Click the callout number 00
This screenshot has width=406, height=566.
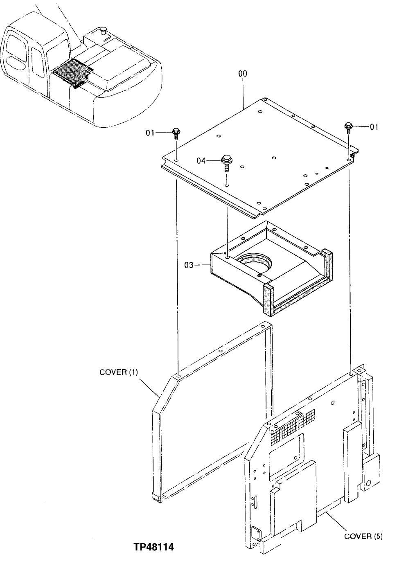point(242,74)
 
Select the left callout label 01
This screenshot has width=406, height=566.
point(151,133)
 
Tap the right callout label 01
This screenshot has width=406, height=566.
point(374,127)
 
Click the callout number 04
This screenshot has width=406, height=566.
point(201,161)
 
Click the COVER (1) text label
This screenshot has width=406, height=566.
point(119,372)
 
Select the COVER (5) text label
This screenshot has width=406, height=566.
point(363,536)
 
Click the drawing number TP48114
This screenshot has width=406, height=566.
point(153,547)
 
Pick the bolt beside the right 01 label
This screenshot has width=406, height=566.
point(348,126)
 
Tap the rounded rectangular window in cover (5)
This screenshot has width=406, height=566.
point(286,450)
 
